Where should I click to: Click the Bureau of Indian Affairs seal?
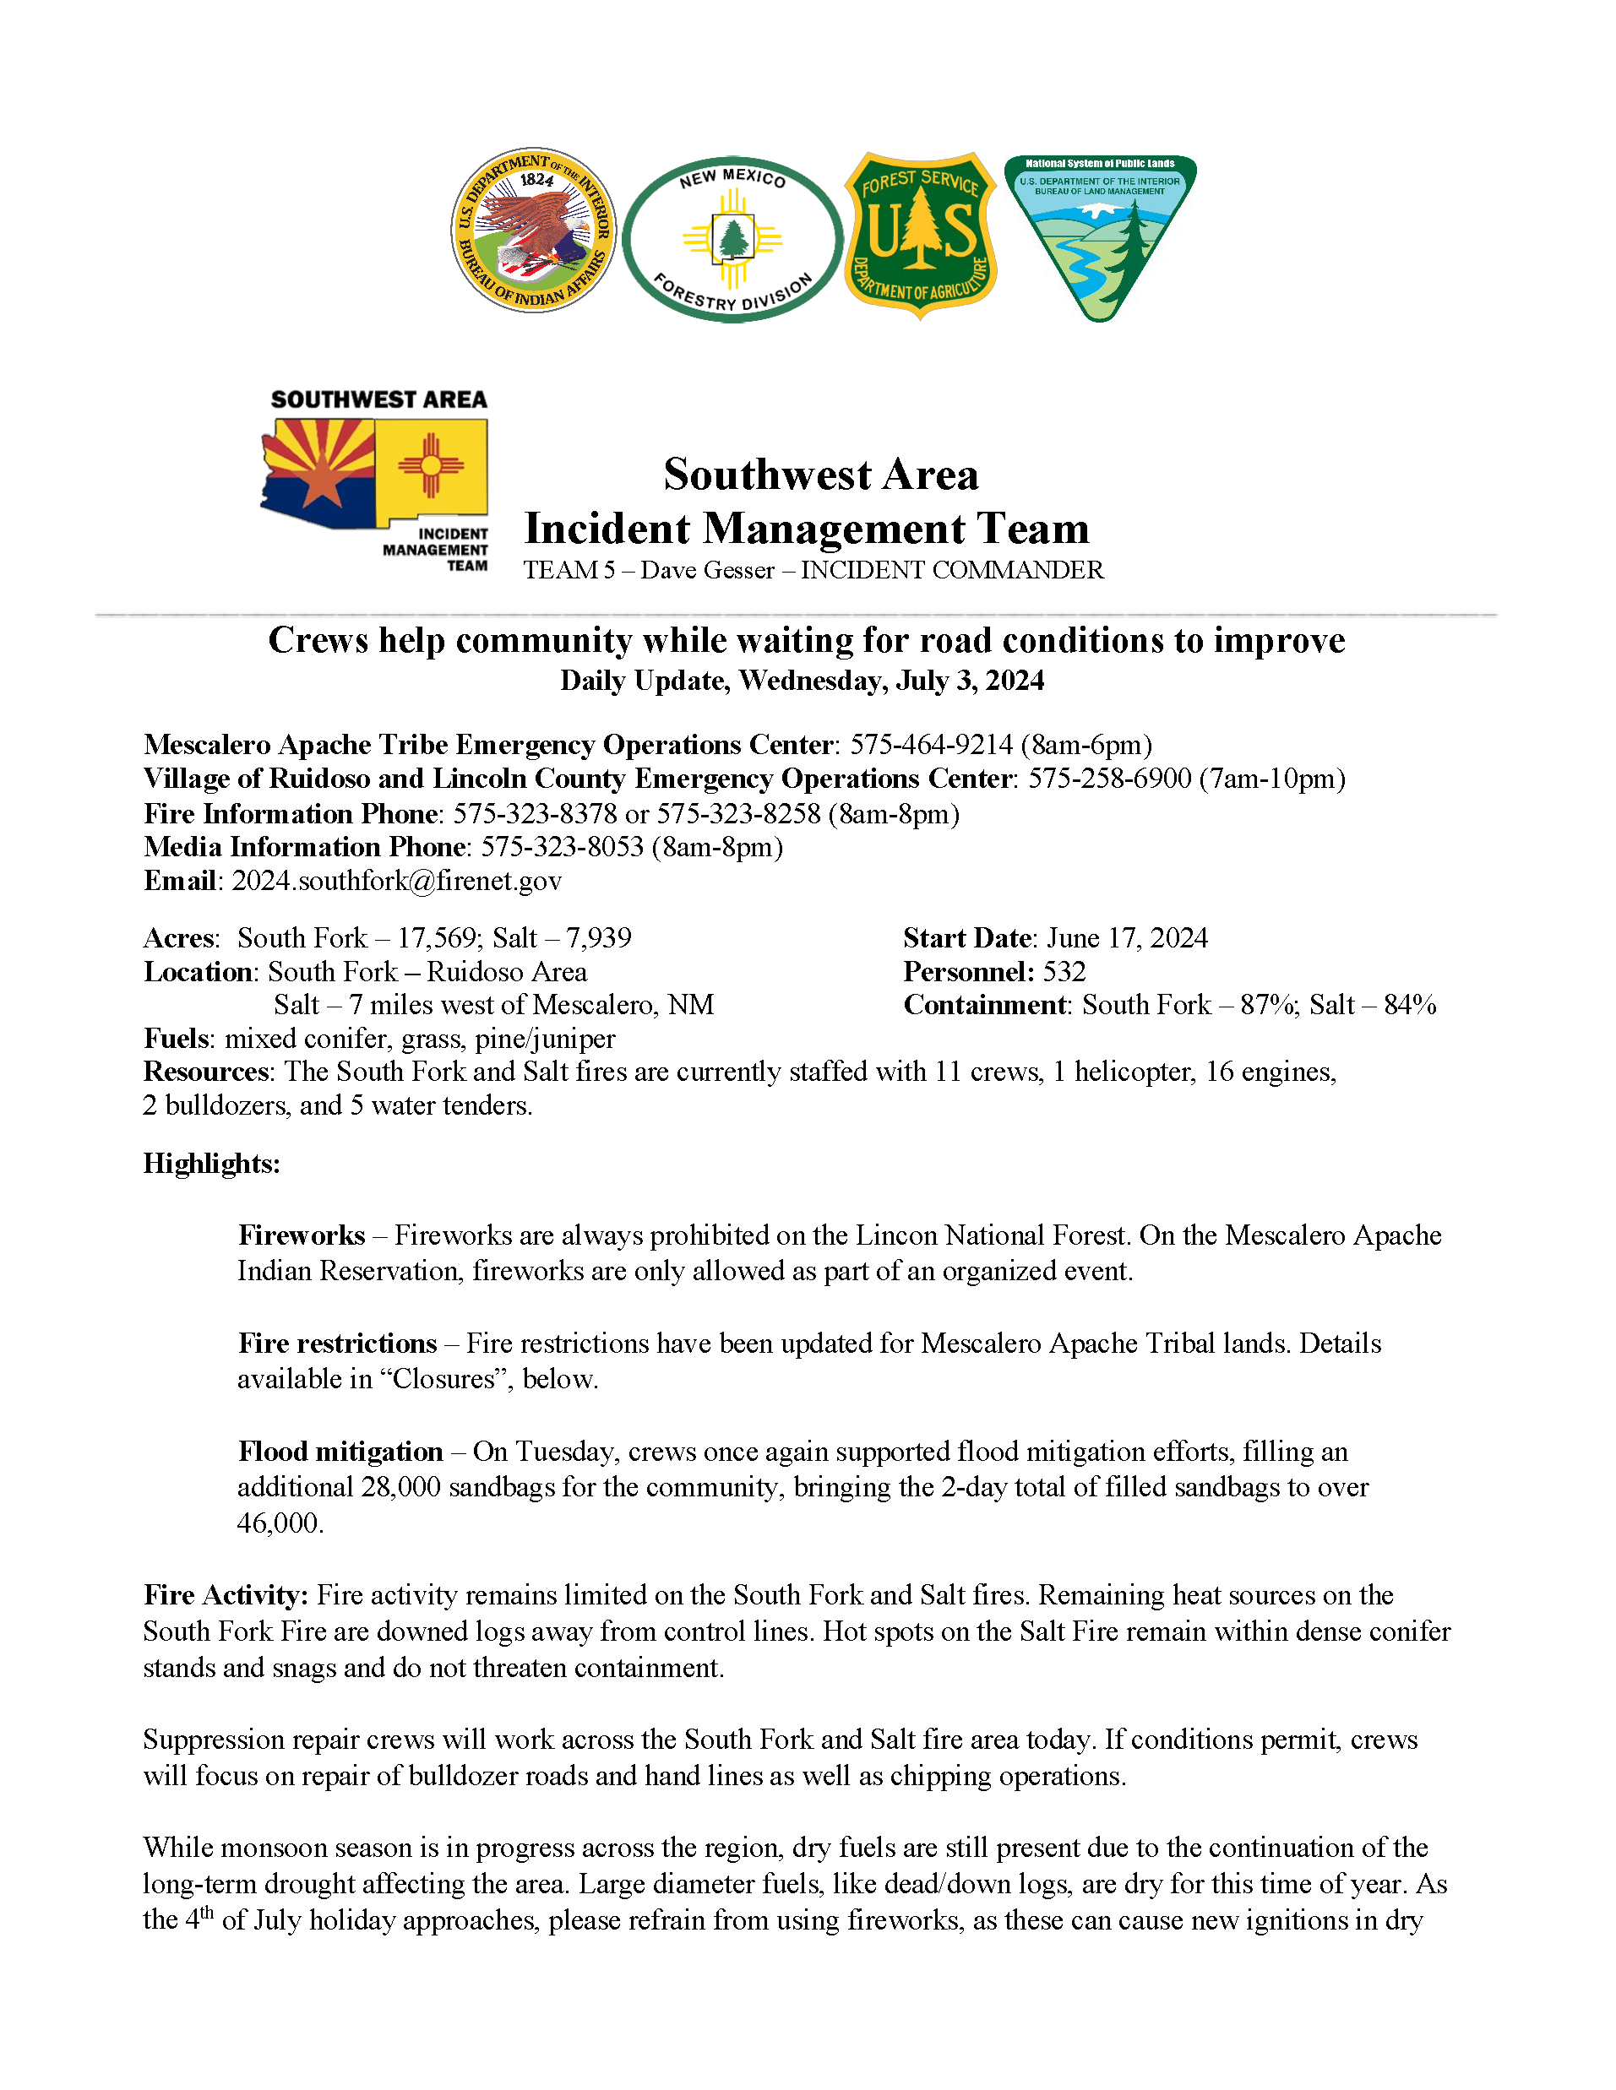point(533,231)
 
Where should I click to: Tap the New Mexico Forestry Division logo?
point(732,239)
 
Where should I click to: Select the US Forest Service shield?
point(920,235)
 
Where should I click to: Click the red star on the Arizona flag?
point(322,486)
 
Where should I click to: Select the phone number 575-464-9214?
point(931,745)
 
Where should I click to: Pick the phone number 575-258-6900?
point(1108,779)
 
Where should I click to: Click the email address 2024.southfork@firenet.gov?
point(396,881)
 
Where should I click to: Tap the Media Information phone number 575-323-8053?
point(562,847)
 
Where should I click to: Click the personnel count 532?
point(1064,971)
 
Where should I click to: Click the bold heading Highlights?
point(211,1164)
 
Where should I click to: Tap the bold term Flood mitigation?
point(340,1452)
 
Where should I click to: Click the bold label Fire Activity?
point(225,1595)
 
